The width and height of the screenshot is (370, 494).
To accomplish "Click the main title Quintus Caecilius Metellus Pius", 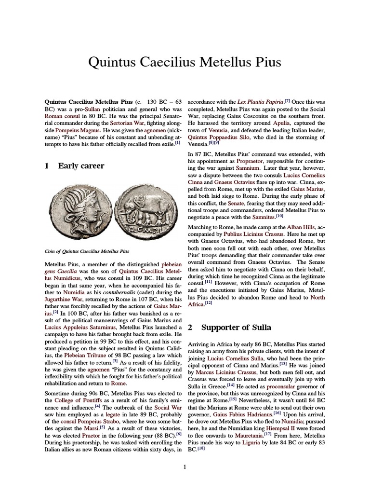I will (x=185, y=63).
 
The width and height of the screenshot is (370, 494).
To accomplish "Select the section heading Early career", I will (x=81, y=166).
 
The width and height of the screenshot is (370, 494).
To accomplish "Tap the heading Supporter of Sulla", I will (x=236, y=327).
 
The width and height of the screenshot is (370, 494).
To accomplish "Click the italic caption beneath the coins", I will (x=87, y=251).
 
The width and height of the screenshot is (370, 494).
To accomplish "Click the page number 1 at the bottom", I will (x=185, y=467).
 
